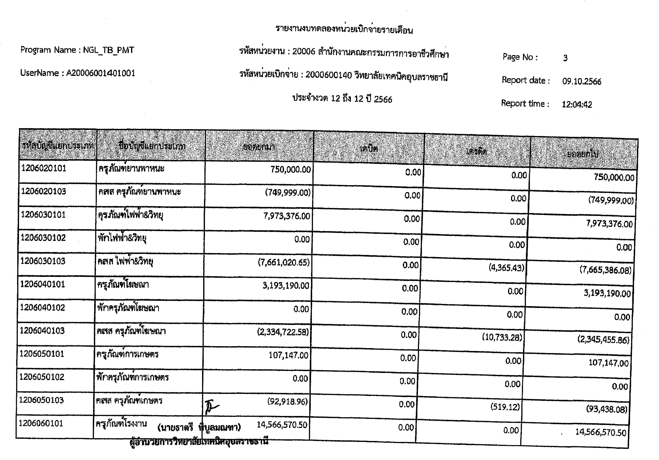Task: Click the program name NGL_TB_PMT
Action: pyautogui.click(x=109, y=50)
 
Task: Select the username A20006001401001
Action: pyautogui.click(x=101, y=73)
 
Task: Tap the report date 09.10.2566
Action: pyautogui.click(x=581, y=82)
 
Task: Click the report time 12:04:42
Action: pyautogui.click(x=577, y=105)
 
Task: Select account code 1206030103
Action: pyautogui.click(x=43, y=261)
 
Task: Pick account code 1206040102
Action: pyautogui.click(x=42, y=308)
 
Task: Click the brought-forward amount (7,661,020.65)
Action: pyautogui.click(x=284, y=262)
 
